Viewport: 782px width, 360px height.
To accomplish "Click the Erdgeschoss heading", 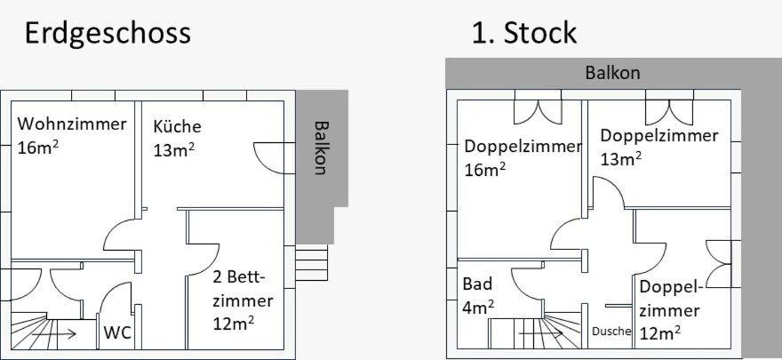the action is coord(108,34).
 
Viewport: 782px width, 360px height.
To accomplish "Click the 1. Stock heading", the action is coord(524,33).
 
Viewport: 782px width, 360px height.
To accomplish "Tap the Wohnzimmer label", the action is coord(72,124).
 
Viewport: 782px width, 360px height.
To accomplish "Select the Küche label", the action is coord(177,126).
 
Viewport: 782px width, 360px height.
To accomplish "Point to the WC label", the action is coord(117,332).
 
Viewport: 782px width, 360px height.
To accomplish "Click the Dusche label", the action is coord(612,331).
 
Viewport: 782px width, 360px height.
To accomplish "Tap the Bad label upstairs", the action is coord(477,284).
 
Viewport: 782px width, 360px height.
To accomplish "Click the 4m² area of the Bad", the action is coord(478,308).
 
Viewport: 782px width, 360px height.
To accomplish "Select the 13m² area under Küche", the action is coord(173,149).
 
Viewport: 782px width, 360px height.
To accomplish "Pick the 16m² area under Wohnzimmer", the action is coord(38,148).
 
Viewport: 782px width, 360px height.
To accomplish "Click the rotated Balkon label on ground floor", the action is coord(320,148).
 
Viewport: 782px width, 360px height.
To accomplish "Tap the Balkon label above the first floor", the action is coord(612,73).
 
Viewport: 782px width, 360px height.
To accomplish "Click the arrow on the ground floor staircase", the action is coord(54,333).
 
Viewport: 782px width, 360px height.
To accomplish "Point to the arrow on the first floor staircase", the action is coord(540,332).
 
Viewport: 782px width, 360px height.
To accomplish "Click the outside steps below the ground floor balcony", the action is coord(312,263).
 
